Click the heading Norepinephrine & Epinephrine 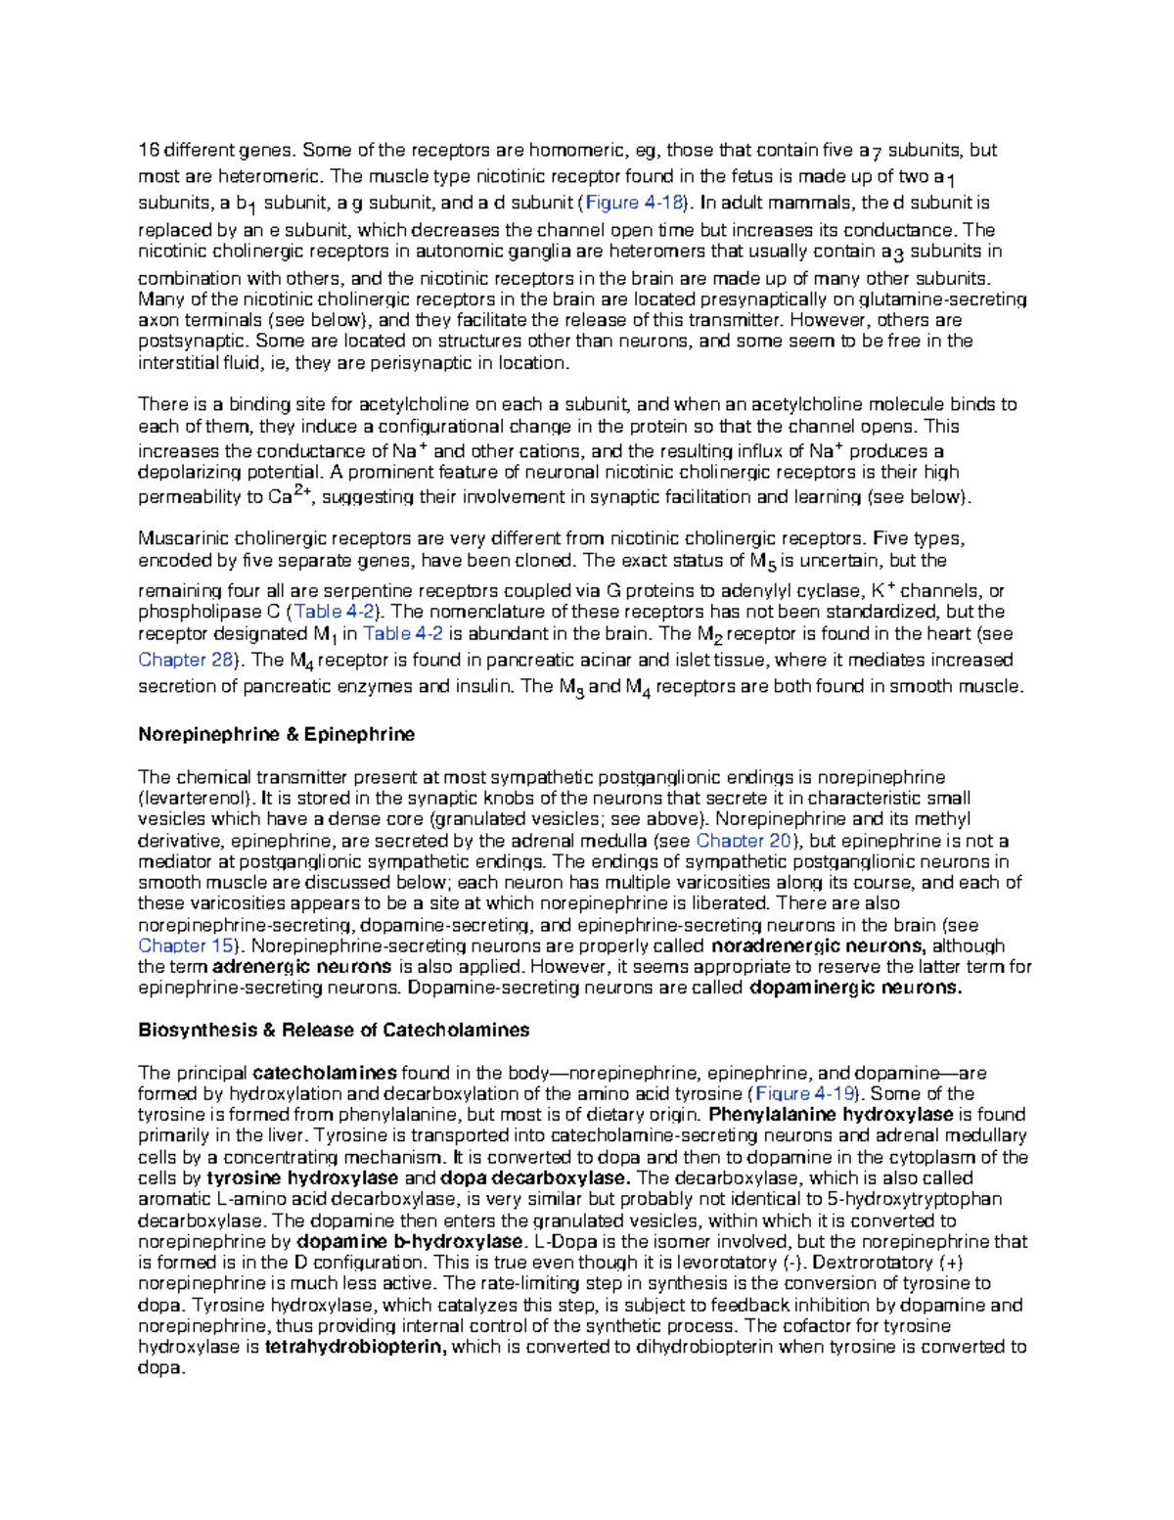pos(276,735)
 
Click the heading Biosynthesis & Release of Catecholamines pos(334,1031)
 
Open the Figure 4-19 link pos(806,1094)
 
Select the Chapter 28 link pos(186,660)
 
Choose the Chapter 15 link pos(186,946)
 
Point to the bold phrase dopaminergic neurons pos(855,989)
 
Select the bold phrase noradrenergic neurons pos(818,946)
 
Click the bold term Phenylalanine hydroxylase pos(831,1115)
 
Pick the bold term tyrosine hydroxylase pos(302,1178)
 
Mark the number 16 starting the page pos(148,151)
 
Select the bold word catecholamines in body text pos(325,1073)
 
